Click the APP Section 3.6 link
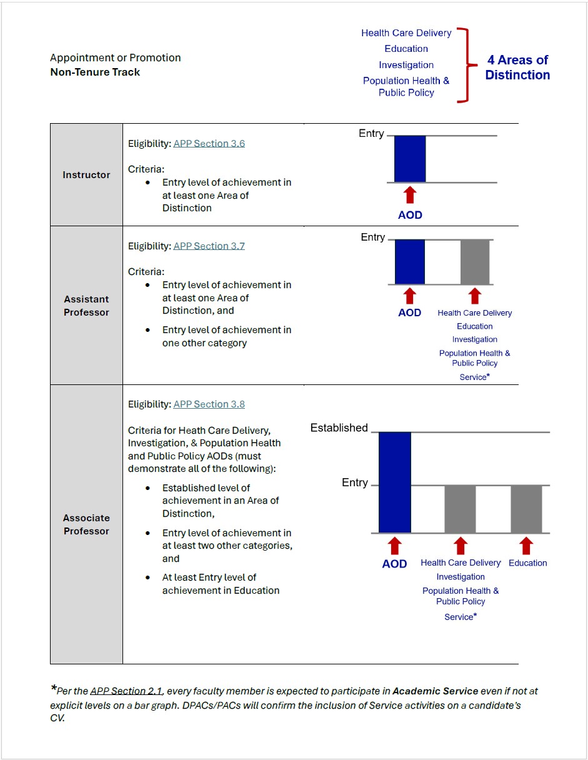click(x=209, y=143)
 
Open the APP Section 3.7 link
click(x=209, y=246)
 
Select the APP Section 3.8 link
click(x=209, y=404)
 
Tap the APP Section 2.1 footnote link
click(x=126, y=691)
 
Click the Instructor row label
click(x=86, y=175)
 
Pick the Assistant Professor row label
click(x=86, y=306)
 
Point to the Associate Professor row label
click(x=86, y=524)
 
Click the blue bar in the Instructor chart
click(x=410, y=159)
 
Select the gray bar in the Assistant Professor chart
click(x=475, y=262)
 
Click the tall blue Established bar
click(x=395, y=482)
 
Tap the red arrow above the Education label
click(x=527, y=546)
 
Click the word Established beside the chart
click(x=339, y=427)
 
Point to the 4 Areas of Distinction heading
click(x=517, y=67)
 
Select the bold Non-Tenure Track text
click(x=95, y=72)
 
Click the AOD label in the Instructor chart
click(x=410, y=215)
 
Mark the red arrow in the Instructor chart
click(x=410, y=194)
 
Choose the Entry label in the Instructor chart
click(x=371, y=133)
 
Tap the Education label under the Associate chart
click(x=527, y=562)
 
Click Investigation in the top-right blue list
click(x=406, y=65)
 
